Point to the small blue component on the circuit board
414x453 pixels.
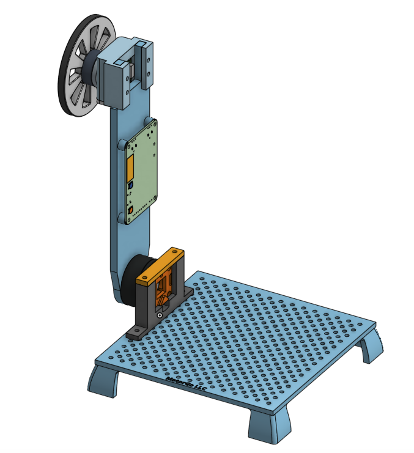pyautogui.click(x=130, y=185)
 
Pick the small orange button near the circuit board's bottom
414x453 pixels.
pyautogui.click(x=131, y=212)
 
